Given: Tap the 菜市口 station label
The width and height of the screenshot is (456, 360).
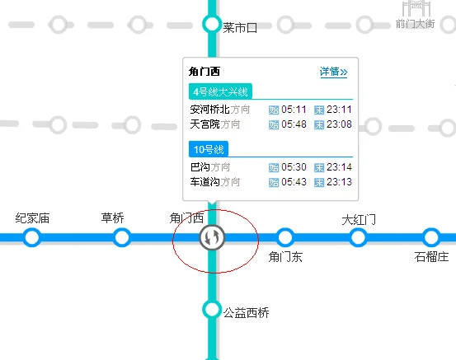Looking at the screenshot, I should pyautogui.click(x=241, y=27).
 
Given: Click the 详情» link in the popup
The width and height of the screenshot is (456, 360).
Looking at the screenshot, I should pyautogui.click(x=333, y=72).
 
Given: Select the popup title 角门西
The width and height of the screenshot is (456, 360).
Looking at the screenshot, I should pyautogui.click(x=204, y=72).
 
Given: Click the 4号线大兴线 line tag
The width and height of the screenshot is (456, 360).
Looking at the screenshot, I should pyautogui.click(x=220, y=91).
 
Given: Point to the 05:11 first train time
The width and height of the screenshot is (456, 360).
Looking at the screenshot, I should pyautogui.click(x=294, y=110).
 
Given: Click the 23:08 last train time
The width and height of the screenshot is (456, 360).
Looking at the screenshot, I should pyautogui.click(x=339, y=124).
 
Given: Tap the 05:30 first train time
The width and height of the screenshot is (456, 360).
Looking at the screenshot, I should pyautogui.click(x=294, y=167).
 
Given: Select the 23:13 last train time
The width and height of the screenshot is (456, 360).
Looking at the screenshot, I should pyautogui.click(x=339, y=182).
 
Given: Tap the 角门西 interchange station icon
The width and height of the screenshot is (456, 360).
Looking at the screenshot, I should pyautogui.click(x=213, y=237).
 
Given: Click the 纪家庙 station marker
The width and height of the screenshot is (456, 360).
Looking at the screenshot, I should pyautogui.click(x=32, y=237).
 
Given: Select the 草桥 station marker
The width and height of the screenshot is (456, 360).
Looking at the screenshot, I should pyautogui.click(x=122, y=237).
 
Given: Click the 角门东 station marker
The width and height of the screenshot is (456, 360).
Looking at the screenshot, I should pyautogui.click(x=285, y=237).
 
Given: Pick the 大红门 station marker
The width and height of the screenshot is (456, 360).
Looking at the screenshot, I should pyautogui.click(x=358, y=237).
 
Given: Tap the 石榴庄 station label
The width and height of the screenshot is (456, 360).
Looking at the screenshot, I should pyautogui.click(x=431, y=257).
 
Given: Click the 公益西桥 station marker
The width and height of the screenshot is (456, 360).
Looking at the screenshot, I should pyautogui.click(x=212, y=310).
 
